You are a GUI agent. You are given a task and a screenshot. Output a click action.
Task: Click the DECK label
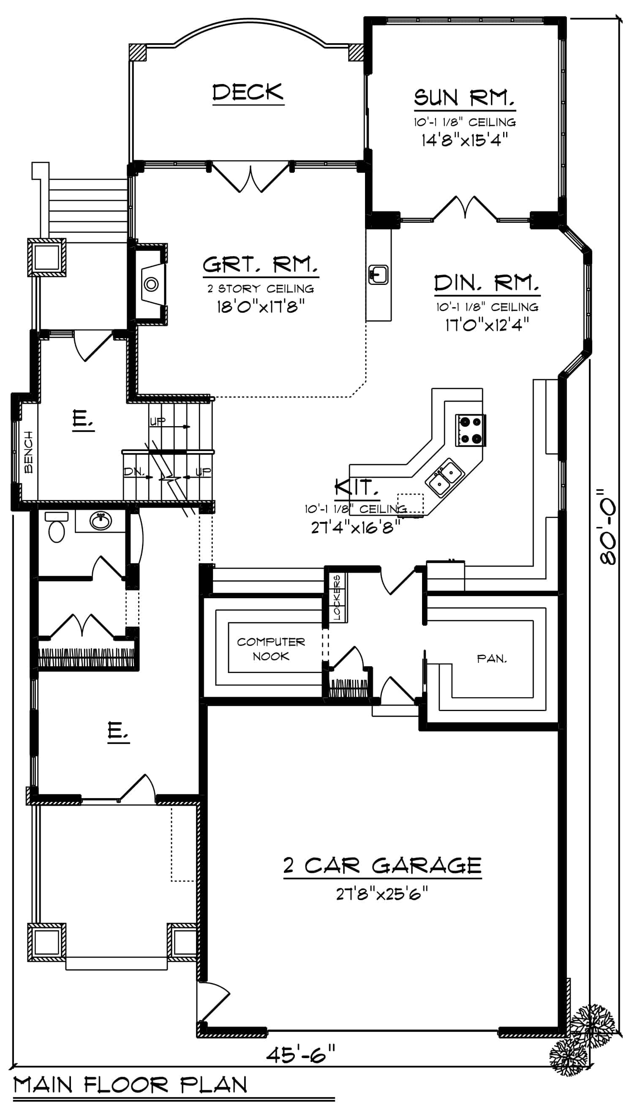tap(248, 93)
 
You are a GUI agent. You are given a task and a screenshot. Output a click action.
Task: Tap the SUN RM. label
tap(464, 98)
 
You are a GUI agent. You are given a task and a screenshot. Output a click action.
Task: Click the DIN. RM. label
tap(486, 284)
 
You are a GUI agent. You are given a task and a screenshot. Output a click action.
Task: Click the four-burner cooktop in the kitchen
tap(470, 430)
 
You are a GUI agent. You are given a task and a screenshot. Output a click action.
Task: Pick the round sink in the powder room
tap(101, 520)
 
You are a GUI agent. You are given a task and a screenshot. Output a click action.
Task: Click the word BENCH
tap(29, 452)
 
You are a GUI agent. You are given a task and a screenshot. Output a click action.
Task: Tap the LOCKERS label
tap(338, 597)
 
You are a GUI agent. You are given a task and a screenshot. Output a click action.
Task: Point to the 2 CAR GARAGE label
tap(382, 866)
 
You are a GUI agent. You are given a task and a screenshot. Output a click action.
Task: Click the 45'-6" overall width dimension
tap(301, 1054)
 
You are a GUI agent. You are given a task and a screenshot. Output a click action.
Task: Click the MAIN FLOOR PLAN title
tap(130, 1084)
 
